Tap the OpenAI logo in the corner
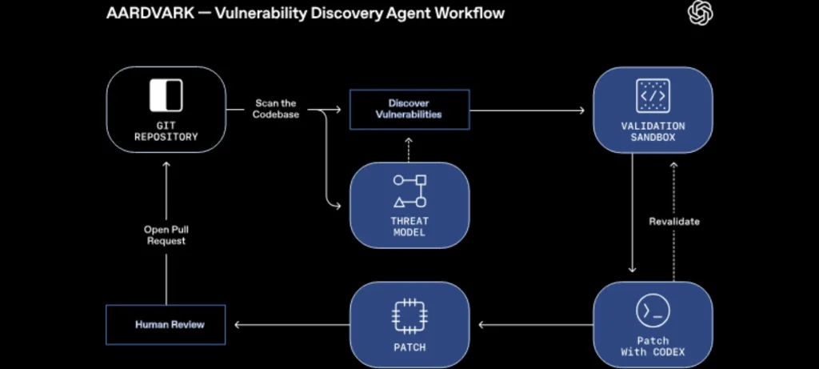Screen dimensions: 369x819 [701, 13]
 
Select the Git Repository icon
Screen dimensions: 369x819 [166, 95]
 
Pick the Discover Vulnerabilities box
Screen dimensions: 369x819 [409, 109]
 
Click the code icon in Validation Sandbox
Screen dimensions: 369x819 [653, 95]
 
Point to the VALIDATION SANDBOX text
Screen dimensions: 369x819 [653, 131]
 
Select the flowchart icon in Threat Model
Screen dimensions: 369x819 [409, 191]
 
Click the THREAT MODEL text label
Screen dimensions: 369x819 [409, 227]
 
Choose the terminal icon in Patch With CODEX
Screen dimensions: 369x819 [653, 311]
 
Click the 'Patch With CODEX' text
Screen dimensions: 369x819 [653, 346]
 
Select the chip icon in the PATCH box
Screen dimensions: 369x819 [409, 315]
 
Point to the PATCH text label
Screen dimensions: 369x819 [409, 347]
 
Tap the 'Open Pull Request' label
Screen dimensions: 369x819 [166, 235]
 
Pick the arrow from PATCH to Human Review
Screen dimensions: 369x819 [288, 324]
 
